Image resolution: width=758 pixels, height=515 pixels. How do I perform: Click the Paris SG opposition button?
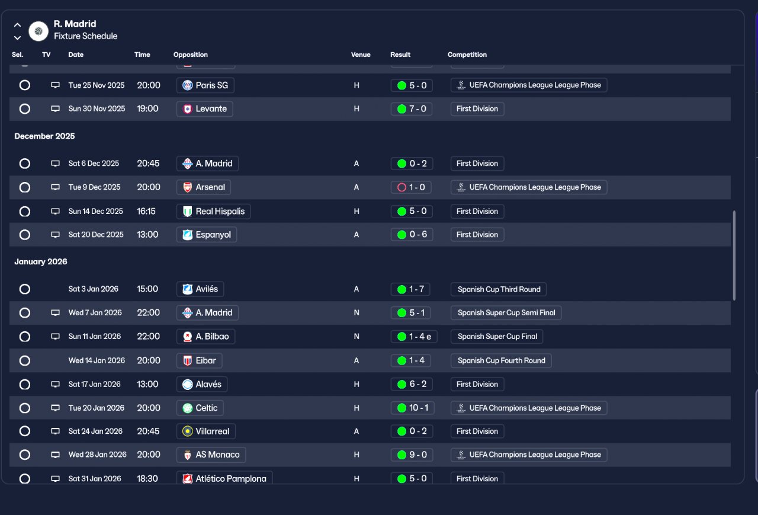205,85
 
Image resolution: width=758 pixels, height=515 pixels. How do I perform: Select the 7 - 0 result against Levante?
412,109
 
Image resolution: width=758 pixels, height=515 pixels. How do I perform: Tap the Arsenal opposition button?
204,187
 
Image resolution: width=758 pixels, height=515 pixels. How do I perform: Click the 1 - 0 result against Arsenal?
412,187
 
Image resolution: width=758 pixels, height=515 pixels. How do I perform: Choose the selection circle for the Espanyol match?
24,235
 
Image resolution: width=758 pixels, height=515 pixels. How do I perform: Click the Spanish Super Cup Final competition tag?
497,337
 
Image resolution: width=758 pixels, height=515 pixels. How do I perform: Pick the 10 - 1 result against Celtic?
412,408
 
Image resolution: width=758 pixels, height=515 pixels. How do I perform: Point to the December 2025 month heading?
44,136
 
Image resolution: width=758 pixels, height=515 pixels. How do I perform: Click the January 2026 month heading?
41,262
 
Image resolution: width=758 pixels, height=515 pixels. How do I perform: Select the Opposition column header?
191,55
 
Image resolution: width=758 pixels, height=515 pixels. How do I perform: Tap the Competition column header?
467,55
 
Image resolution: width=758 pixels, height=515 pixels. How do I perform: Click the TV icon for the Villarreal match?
55,431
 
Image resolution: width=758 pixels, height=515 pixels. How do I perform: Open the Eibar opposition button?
200,360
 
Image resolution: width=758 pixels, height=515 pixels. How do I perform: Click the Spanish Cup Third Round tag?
499,289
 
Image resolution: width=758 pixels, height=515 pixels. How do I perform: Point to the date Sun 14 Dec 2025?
96,212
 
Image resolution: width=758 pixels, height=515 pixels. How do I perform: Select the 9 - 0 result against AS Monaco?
412,455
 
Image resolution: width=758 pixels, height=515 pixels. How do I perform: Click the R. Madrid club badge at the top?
38,31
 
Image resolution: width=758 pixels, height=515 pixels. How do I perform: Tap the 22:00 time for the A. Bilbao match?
149,337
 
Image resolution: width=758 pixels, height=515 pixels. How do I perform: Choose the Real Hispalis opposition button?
213,212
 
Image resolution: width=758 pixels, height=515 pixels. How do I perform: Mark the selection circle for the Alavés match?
24,385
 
